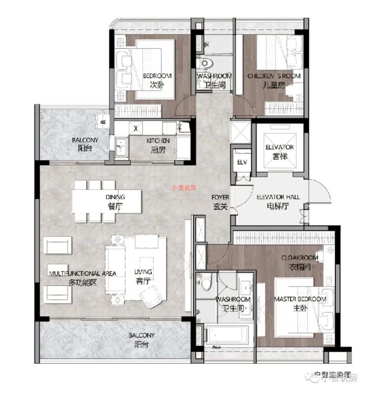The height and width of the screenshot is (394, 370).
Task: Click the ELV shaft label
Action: [242, 162]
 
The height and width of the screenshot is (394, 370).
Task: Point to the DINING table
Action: [107, 201]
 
